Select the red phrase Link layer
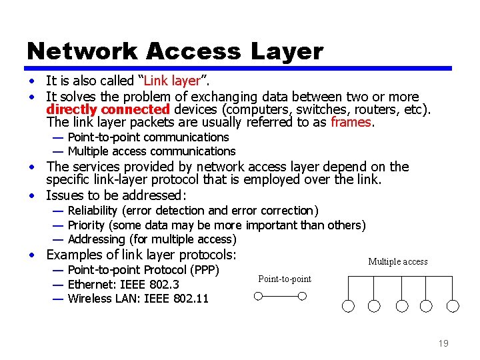(171, 81)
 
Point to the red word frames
(351, 123)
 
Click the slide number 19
(443, 343)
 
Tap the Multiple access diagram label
(398, 262)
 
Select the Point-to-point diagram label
(285, 279)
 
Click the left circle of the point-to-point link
(259, 296)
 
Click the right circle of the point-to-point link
(302, 296)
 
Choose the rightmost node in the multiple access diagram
(453, 306)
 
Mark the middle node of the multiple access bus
(401, 306)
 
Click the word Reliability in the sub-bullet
(94, 211)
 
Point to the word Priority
(87, 225)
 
